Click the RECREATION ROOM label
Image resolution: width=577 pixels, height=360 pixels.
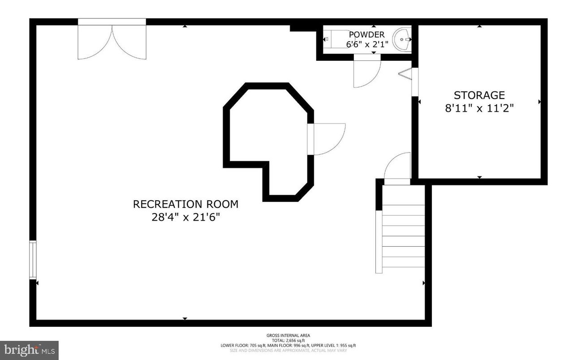(x=185, y=204)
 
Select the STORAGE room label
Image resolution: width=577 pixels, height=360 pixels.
(x=479, y=95)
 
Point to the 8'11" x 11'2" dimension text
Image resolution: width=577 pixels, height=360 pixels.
(x=479, y=108)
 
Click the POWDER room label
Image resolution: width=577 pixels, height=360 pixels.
(x=366, y=34)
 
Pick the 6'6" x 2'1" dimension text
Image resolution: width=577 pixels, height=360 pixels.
(x=366, y=44)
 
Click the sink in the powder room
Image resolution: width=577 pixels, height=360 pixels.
(x=401, y=39)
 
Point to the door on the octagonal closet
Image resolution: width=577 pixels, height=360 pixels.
(x=327, y=139)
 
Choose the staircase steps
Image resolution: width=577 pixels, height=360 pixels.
(x=402, y=237)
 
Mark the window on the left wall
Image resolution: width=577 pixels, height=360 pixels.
(x=32, y=260)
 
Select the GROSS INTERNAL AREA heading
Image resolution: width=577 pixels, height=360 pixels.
(x=288, y=335)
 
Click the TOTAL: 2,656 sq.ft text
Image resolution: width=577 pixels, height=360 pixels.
(x=288, y=340)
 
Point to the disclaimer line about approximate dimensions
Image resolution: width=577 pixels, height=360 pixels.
(x=288, y=351)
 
